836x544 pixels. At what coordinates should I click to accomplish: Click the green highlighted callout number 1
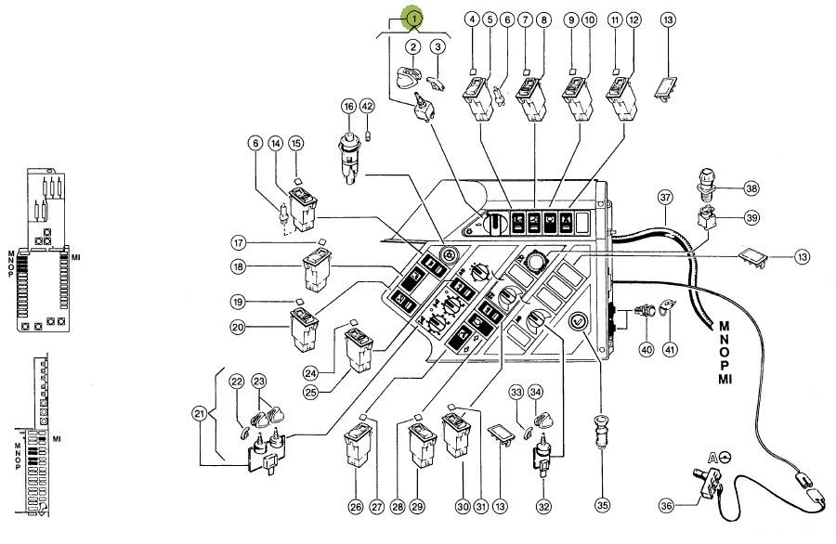coord(413,19)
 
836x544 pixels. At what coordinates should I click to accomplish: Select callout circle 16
coord(348,107)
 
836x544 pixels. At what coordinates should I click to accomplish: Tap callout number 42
coord(367,106)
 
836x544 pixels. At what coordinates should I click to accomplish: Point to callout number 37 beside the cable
coord(665,198)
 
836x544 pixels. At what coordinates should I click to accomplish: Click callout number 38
coord(751,188)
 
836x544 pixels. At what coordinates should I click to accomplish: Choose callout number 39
coord(751,217)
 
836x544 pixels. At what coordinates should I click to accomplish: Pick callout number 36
coord(666,506)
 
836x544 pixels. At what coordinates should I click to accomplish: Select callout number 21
coord(200,413)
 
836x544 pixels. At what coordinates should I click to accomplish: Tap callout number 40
coord(647,350)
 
